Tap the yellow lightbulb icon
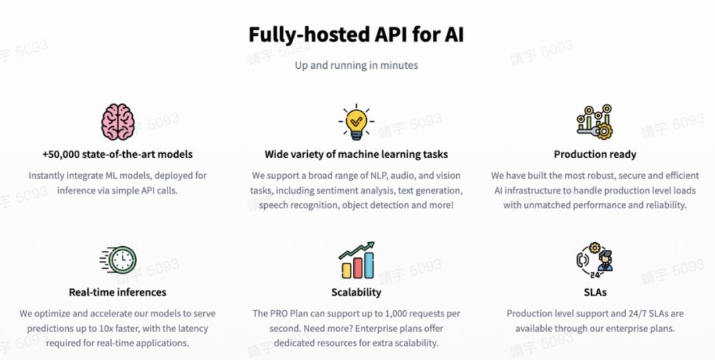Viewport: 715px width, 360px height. point(356,122)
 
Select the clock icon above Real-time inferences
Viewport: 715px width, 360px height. point(122,260)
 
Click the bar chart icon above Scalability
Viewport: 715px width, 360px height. point(356,261)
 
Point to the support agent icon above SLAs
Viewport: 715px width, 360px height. point(595,258)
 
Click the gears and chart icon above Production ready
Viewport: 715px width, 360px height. point(595,122)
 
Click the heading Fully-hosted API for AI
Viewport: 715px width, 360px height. point(356,35)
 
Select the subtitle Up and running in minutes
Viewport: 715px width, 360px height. point(356,66)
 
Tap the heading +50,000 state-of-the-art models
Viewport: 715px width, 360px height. point(118,154)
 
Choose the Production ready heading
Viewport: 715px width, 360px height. point(595,154)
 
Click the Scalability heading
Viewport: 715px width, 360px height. point(356,292)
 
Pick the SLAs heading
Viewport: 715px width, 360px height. point(595,292)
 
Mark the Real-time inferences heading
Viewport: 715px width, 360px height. point(118,292)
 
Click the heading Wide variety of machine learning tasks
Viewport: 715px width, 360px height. point(356,154)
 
